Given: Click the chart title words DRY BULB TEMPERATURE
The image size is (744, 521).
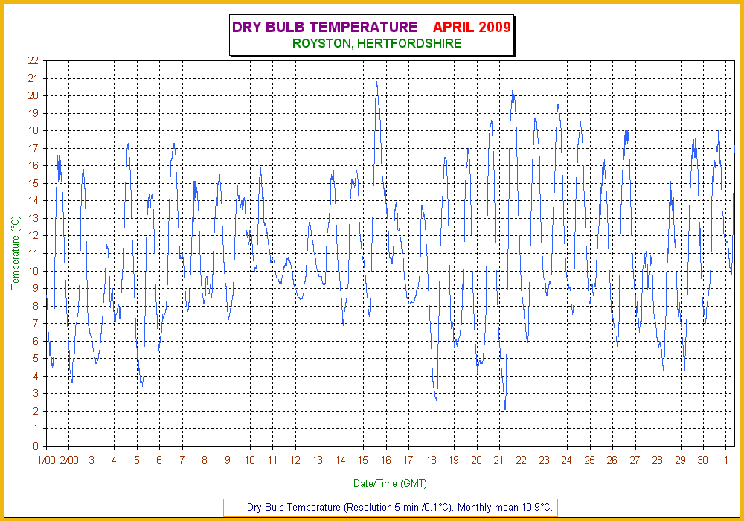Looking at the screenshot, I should (x=324, y=28).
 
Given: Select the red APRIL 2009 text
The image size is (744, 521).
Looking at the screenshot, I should (x=472, y=28).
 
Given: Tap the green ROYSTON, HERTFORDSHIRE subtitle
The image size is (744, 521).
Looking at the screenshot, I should (x=377, y=44).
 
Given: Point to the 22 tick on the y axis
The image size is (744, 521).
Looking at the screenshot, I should (x=33, y=60).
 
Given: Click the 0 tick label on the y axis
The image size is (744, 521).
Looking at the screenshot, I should (x=36, y=447).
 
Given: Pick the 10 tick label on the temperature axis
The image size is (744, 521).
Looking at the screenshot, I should (x=33, y=271).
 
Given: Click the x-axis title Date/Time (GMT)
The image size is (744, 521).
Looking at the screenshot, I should (x=390, y=484).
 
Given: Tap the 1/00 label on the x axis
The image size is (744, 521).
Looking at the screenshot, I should (x=46, y=461).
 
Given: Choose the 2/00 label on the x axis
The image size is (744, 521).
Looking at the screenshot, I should (x=69, y=461).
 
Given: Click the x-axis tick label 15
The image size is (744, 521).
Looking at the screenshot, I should (x=363, y=461).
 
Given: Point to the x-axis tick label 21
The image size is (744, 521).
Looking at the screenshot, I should (x=499, y=461).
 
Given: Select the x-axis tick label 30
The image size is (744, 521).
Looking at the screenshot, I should (x=702, y=461).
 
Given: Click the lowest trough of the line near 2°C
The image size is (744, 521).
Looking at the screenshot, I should (x=505, y=409).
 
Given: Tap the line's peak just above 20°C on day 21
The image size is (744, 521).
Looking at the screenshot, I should (x=513, y=91).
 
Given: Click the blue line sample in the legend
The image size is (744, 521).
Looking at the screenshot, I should (x=235, y=508).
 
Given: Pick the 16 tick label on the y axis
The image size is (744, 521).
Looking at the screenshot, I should (x=33, y=166).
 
